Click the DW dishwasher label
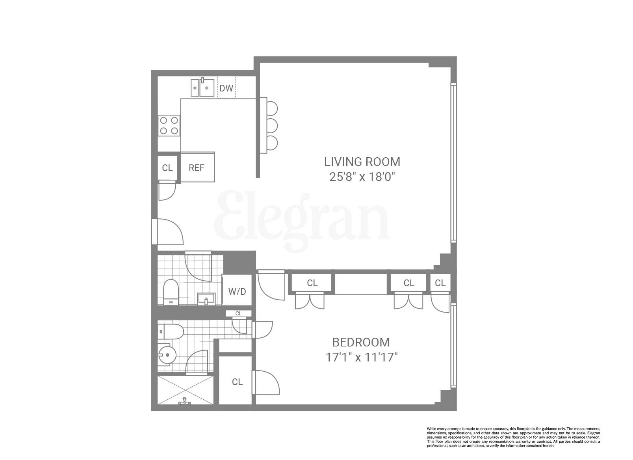[226, 88]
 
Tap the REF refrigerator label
[197, 168]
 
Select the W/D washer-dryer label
[237, 292]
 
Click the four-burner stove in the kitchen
[169, 125]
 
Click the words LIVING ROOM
[362, 162]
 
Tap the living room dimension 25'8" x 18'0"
[362, 177]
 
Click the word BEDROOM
[361, 342]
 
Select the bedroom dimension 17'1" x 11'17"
[361, 358]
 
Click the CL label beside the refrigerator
[167, 168]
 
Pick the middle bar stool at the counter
[271, 126]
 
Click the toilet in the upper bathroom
[171, 292]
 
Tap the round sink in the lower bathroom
[168, 355]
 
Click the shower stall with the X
[185, 390]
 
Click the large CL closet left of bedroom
[237, 382]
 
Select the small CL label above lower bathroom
[238, 314]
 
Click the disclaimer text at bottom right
[513, 437]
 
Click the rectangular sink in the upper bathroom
[206, 298]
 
